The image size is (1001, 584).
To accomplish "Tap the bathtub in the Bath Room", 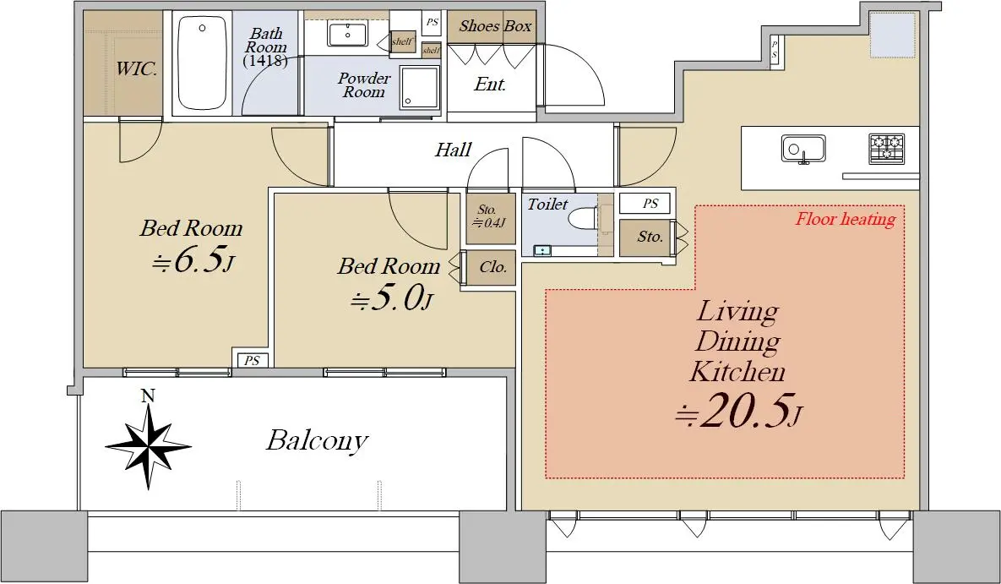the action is click(202, 63).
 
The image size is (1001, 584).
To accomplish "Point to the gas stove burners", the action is click(886, 148).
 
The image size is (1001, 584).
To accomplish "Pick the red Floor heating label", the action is click(845, 219).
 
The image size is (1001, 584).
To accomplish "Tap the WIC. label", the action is click(136, 68).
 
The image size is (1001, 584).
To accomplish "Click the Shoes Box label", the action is click(495, 26).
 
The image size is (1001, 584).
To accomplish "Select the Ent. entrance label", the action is click(490, 85).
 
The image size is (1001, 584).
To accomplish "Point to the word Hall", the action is click(454, 150).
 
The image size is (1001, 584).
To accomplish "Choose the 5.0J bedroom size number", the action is click(392, 297).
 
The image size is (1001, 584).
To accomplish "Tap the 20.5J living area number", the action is click(738, 411).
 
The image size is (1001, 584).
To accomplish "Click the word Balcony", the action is click(317, 440).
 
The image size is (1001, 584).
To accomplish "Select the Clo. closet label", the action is click(492, 267).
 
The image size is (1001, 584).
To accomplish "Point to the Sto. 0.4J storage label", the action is click(489, 216).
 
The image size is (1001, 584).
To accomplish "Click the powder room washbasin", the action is click(348, 34).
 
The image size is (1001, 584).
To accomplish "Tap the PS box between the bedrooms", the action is click(253, 361).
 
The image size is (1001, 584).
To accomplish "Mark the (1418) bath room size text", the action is click(265, 62).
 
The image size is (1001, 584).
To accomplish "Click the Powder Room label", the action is click(364, 85).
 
